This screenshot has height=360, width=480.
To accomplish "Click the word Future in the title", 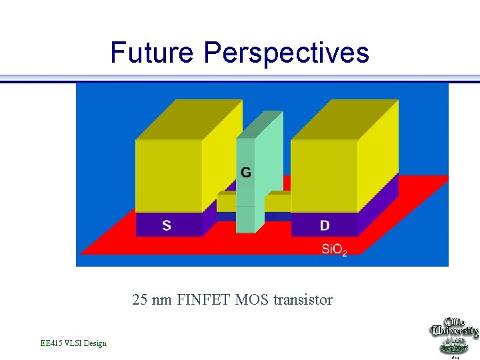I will pos(153,52).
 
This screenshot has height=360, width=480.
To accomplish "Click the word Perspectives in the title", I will pos(287,53).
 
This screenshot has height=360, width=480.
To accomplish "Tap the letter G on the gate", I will pos(246,173).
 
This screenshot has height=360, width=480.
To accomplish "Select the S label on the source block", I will pos(166,225).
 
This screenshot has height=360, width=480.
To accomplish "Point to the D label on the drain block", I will pos(325,225).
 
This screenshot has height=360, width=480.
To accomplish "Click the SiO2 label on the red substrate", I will pos(334,250).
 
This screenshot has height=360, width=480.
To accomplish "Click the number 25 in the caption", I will pos(140,300).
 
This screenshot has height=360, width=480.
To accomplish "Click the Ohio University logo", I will pos(453,337).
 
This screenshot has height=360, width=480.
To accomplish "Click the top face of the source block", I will pos(189,119).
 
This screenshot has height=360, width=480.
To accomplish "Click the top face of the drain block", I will pos(345,119).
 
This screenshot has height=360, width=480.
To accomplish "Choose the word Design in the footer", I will pos(95,343).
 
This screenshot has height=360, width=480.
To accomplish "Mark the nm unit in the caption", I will pos(161,300).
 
